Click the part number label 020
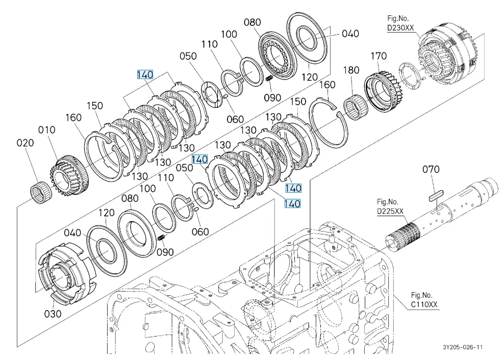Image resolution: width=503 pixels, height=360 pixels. (x=26, y=143)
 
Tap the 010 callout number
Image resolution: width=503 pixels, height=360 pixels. (x=49, y=131)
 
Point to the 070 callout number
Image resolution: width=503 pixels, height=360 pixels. (x=431, y=169)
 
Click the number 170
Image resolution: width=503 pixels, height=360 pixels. (x=379, y=56)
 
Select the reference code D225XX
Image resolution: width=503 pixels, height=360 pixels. (x=390, y=211)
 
